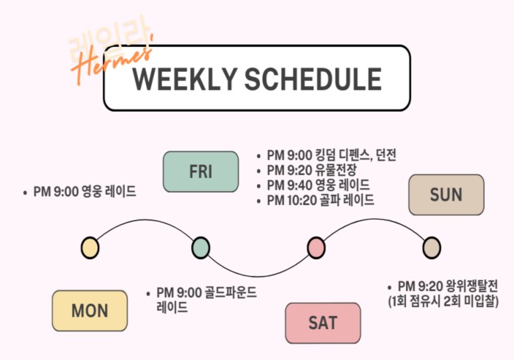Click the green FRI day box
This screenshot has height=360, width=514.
(200, 171)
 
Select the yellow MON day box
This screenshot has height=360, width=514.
(90, 311)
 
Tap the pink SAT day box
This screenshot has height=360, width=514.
(323, 323)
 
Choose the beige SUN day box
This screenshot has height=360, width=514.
(446, 195)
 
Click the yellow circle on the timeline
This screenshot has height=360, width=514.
(90, 248)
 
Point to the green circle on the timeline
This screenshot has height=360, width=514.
(200, 248)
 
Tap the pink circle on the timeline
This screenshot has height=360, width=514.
(316, 248)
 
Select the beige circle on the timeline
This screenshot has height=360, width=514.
(432, 248)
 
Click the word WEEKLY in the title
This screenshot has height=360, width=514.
(184, 79)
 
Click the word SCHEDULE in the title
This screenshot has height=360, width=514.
(313, 79)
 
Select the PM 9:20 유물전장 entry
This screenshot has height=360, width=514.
(311, 170)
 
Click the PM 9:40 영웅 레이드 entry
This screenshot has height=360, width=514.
(318, 185)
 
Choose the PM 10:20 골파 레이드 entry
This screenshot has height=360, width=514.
(320, 200)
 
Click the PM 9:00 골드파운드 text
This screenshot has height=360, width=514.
(206, 292)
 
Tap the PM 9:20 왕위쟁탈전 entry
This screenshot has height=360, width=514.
(448, 287)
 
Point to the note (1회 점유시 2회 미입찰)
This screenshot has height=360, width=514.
(444, 301)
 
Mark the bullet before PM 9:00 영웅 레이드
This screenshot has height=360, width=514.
(25, 193)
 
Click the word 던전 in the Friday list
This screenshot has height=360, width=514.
(386, 155)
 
